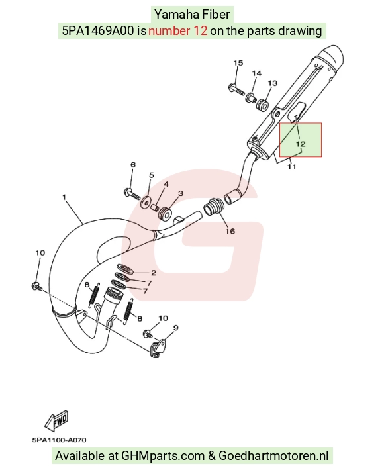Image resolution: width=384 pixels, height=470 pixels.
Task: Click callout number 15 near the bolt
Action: coord(238,63)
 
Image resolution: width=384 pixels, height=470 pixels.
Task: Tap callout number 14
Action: coord(257,73)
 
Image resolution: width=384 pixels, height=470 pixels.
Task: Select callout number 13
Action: coord(273,83)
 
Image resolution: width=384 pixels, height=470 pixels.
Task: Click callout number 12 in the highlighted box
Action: coord(301,144)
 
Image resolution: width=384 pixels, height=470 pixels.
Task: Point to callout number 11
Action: coord(292,167)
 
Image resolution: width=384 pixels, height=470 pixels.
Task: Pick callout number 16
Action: coord(230,231)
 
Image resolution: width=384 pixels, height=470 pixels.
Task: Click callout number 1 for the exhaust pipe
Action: coord(64,197)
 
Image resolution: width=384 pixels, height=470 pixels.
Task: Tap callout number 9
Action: coord(176,328)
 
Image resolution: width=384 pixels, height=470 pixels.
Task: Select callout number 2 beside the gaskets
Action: coord(154,273)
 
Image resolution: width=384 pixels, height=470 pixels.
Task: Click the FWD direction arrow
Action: coord(56,420)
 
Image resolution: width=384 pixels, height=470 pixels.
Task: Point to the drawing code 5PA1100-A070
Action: coord(59,440)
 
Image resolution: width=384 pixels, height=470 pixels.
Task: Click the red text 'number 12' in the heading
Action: coord(177,31)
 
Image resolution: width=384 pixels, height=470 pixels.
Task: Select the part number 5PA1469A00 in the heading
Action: coord(99,31)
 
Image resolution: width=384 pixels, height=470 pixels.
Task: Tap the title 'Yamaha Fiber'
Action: coord(192,15)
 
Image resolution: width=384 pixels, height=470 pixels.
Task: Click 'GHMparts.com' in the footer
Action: coord(163,456)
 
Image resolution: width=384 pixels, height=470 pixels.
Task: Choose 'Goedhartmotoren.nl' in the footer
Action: coord(273,456)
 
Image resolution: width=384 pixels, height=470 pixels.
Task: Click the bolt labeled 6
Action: coord(132,193)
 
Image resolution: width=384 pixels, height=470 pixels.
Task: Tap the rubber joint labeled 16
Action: coord(213,207)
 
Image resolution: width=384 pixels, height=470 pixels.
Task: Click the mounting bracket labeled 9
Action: coord(158,348)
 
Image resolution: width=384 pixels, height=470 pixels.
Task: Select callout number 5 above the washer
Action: coord(152,175)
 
